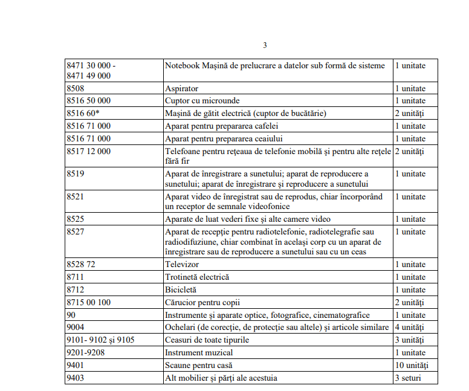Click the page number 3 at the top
(x=265, y=45)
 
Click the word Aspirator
(x=181, y=88)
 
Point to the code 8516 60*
(x=83, y=113)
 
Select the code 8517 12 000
(x=89, y=151)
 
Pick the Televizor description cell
(x=182, y=264)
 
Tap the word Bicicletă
(x=181, y=289)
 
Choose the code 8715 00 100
(x=89, y=302)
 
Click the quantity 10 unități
(x=411, y=365)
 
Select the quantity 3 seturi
(x=407, y=378)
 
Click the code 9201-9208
(x=86, y=352)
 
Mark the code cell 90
(x=71, y=315)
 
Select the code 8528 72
(x=81, y=264)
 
